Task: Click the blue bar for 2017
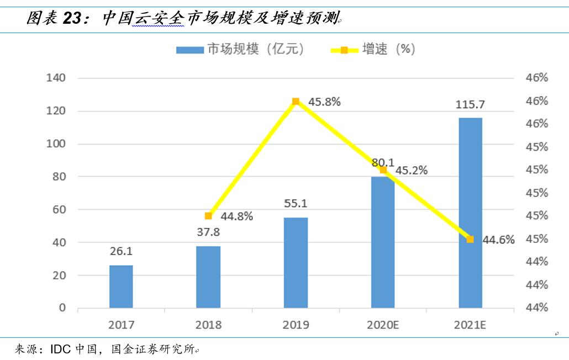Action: tap(121, 287)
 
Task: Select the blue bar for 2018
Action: tap(208, 277)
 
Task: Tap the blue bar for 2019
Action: tap(296, 263)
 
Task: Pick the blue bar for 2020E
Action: tap(383, 242)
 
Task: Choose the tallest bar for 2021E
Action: tap(470, 213)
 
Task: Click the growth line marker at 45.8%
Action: tap(296, 102)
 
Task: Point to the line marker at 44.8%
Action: tap(208, 216)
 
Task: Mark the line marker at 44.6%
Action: tap(470, 239)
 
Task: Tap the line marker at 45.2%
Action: tap(383, 170)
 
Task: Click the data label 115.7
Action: tap(470, 104)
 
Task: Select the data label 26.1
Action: tap(121, 251)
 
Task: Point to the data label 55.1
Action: tap(296, 204)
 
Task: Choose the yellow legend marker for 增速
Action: tap(344, 50)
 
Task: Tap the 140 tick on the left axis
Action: tap(56, 78)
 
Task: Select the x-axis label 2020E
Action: tap(383, 325)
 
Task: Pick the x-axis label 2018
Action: tap(208, 325)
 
